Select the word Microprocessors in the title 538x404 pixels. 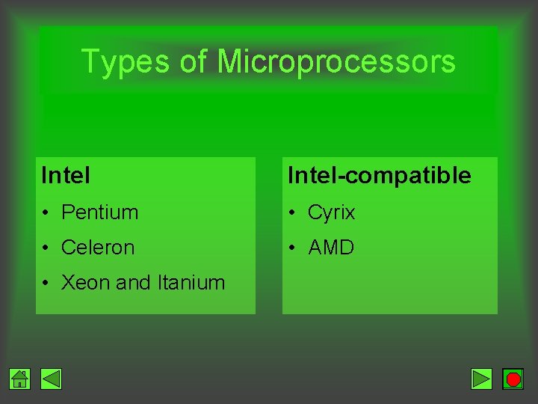pos(336,62)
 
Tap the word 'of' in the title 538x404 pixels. pos(193,62)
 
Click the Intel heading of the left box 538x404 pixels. pos(66,176)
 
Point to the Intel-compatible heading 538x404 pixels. pos(380,176)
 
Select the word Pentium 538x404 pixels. pos(99,212)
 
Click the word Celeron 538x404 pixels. pos(98,248)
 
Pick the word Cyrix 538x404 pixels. pos(332,212)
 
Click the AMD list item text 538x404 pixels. pos(331,248)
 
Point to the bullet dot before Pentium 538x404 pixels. pos(46,213)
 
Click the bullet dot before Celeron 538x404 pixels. pos(46,248)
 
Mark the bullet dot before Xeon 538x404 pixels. pos(46,284)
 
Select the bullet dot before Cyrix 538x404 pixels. pos(293,213)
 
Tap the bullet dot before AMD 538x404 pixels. pos(293,248)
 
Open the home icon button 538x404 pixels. pos(20,379)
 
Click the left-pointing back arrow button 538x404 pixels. pos(51,379)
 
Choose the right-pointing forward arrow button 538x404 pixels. pos(482,379)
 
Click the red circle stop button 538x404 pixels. pos(513,379)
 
